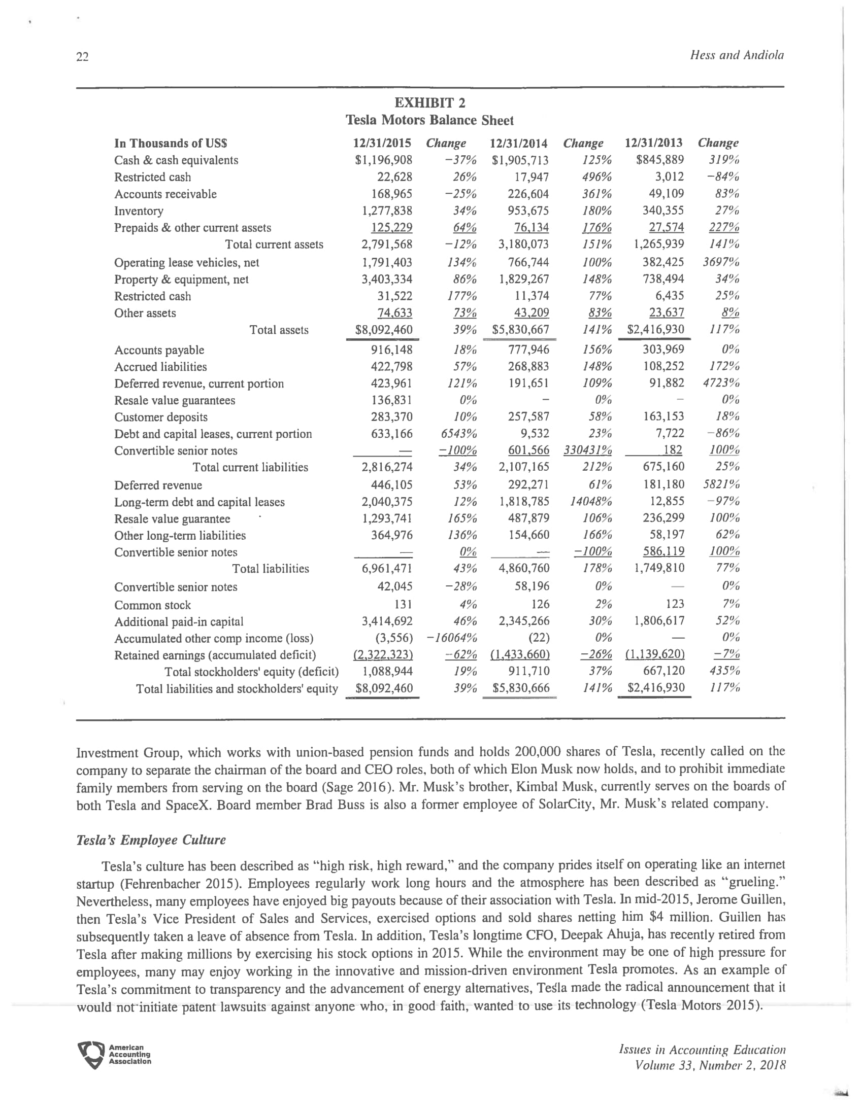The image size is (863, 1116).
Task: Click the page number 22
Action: click(82, 57)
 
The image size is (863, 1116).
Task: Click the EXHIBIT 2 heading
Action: click(429, 103)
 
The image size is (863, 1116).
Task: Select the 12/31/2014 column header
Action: click(518, 143)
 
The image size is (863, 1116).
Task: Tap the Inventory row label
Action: click(139, 211)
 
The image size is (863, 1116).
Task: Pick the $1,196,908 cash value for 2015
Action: click(383, 160)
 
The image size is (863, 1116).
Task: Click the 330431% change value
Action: click(587, 450)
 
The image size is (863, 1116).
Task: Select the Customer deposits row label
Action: click(160, 417)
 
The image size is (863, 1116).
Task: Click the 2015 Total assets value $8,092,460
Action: click(383, 330)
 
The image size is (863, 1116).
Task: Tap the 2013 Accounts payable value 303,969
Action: click(663, 350)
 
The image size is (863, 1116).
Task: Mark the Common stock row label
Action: click(152, 605)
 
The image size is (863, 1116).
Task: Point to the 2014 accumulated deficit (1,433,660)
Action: click(520, 654)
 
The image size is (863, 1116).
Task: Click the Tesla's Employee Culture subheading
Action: click(151, 840)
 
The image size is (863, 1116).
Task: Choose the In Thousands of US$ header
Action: click(171, 143)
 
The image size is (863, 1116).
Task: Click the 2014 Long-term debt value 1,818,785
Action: click(524, 502)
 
